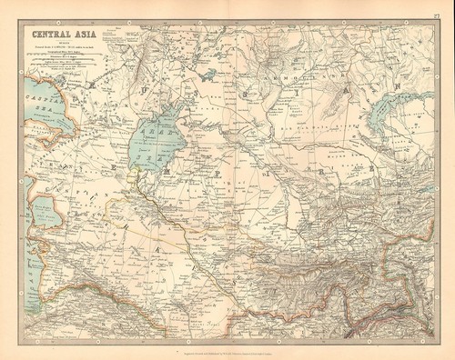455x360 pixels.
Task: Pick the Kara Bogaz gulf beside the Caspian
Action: (45, 191)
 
